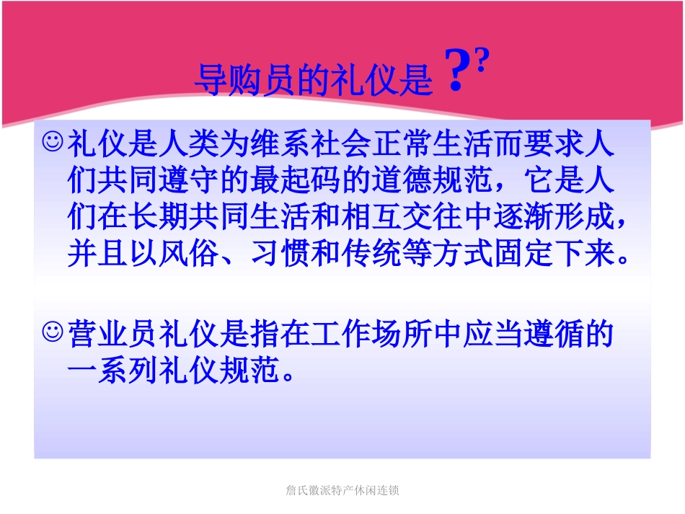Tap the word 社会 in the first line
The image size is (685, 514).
342,144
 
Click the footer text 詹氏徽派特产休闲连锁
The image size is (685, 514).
342,490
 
